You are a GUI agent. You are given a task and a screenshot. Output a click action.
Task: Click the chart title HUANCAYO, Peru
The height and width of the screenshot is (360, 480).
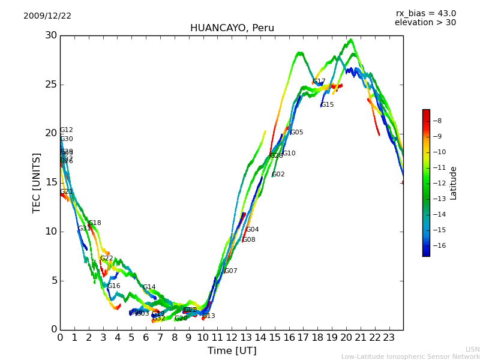click(232, 28)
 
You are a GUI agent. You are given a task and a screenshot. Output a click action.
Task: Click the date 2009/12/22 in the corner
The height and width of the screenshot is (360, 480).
click(47, 16)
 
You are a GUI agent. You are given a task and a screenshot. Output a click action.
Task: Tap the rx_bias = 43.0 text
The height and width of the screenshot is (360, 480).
click(425, 14)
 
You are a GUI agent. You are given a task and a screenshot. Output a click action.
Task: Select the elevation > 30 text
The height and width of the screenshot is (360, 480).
click(425, 23)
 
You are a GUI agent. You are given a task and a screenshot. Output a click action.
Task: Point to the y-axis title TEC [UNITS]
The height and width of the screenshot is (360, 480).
click(37, 182)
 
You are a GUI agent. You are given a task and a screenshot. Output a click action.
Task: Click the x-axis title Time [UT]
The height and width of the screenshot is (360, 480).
click(232, 351)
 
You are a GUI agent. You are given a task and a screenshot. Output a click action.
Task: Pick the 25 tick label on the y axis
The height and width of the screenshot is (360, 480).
click(51, 85)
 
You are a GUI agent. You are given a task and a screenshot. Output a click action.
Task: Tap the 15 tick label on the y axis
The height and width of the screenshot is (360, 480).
click(51, 182)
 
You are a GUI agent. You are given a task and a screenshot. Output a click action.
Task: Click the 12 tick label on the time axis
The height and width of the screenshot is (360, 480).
click(232, 338)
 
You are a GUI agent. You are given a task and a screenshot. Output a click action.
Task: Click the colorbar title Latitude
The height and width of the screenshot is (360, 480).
click(454, 182)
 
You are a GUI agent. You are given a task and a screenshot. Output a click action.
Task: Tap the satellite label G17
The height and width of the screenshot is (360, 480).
click(319, 82)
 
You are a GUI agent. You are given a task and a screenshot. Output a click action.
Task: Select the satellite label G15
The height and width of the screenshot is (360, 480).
click(328, 105)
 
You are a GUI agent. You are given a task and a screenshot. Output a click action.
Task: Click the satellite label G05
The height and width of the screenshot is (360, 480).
click(297, 133)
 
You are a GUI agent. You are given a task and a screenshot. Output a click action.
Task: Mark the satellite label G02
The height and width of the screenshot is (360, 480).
click(278, 175)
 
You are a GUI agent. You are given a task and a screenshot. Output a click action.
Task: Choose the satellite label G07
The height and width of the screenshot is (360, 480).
click(231, 271)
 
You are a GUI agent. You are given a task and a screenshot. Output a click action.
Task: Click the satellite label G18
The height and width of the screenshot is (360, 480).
click(95, 223)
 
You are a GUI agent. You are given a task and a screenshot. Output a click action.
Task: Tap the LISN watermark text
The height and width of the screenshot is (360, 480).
click(472, 349)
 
